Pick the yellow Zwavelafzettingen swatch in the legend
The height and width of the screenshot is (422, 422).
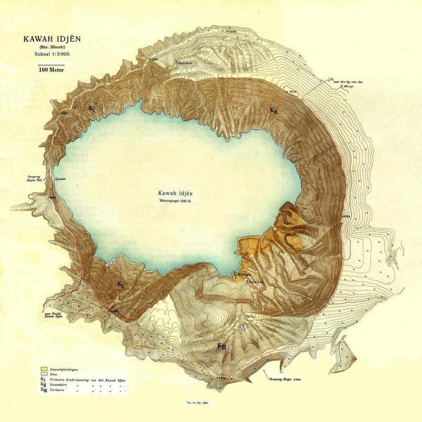click(x=43, y=369)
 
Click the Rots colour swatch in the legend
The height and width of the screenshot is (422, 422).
click(x=43, y=374)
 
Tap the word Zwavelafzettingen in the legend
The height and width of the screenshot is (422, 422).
click(x=65, y=369)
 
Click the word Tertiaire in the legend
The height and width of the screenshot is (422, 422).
click(x=60, y=390)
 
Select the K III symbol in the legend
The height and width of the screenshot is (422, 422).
click(x=43, y=390)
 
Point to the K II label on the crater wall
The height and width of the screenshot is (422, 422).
click(x=274, y=110)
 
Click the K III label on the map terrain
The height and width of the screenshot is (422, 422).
click(x=221, y=346)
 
